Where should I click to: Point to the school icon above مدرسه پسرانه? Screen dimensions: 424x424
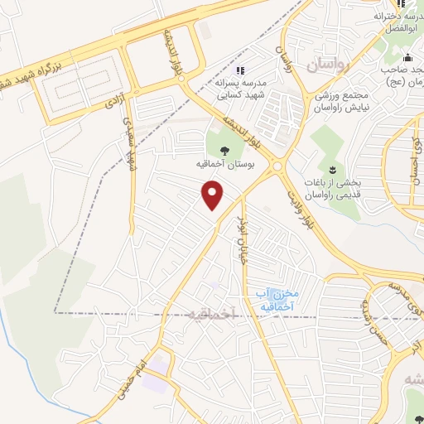pos(240,70)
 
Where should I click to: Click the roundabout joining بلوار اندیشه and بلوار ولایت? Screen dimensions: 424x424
pos(278,166)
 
